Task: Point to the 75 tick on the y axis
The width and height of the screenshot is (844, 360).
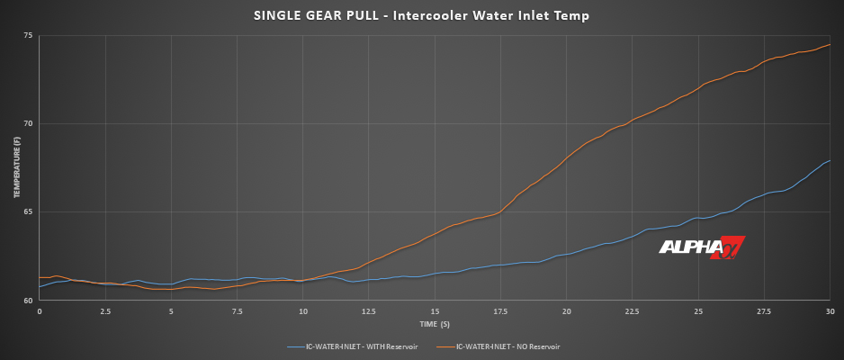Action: pos(28,36)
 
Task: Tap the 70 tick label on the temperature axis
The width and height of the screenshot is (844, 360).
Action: pos(28,124)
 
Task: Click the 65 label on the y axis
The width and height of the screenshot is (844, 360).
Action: pos(28,212)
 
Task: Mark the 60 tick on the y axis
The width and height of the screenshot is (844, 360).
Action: pos(28,301)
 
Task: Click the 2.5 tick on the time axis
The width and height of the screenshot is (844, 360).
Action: pos(105,311)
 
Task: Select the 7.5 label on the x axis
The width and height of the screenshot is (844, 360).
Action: pos(238,311)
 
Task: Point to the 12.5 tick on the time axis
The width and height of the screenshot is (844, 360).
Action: pos(369,311)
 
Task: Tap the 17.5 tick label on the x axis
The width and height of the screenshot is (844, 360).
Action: pos(501,311)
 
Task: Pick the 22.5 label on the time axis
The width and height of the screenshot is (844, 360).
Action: pos(633,311)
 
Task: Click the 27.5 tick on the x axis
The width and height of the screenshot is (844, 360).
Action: pos(764,311)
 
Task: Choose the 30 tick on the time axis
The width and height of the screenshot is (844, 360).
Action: pos(830,311)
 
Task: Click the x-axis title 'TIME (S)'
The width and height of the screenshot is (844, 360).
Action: pos(435,322)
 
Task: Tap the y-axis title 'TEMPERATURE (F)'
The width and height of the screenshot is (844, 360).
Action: pos(16,168)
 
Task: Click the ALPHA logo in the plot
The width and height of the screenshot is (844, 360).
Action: pos(703,247)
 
